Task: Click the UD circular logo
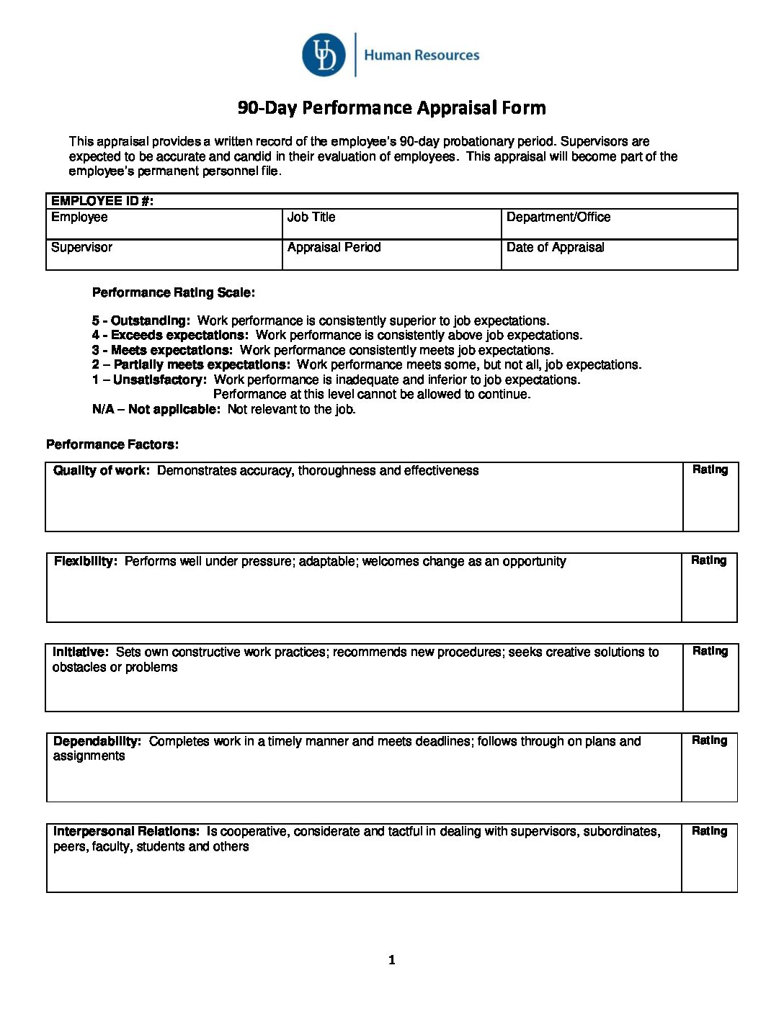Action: pyautogui.click(x=324, y=55)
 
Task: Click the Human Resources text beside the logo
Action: pyautogui.click(x=422, y=55)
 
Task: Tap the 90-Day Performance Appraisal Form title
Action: pyautogui.click(x=392, y=108)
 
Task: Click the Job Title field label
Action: pyautogui.click(x=311, y=217)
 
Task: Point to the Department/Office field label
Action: pyautogui.click(x=558, y=217)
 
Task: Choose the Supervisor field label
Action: pyautogui.click(x=81, y=247)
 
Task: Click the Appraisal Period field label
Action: pyautogui.click(x=334, y=247)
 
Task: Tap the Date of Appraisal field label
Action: pyautogui.click(x=555, y=247)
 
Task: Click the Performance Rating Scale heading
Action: pyautogui.click(x=173, y=292)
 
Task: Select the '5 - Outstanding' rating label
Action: pyautogui.click(x=141, y=320)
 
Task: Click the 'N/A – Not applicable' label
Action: pyautogui.click(x=156, y=409)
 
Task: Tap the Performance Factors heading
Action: pyautogui.click(x=112, y=444)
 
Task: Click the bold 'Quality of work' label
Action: pyautogui.click(x=102, y=470)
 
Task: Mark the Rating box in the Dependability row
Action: pyautogui.click(x=709, y=768)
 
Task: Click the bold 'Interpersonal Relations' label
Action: pyautogui.click(x=126, y=831)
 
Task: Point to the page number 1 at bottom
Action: pyautogui.click(x=392, y=959)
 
